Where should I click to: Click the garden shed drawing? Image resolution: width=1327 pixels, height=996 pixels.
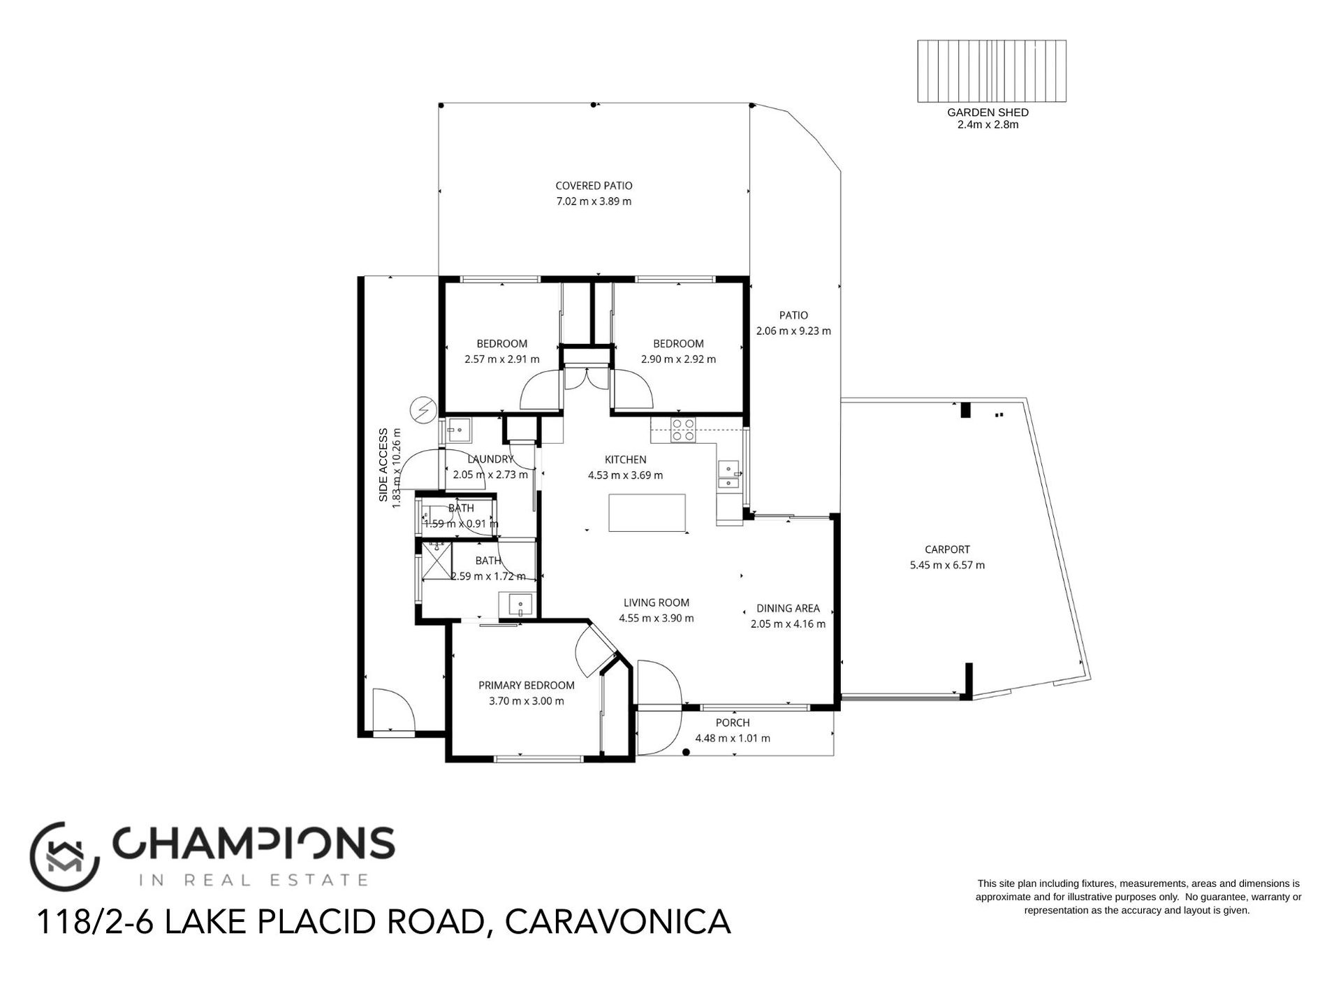(x=991, y=71)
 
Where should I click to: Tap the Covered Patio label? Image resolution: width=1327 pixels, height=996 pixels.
(x=594, y=186)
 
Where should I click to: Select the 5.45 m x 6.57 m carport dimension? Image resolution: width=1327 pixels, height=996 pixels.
(x=947, y=565)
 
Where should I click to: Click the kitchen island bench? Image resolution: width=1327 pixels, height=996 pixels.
(x=647, y=512)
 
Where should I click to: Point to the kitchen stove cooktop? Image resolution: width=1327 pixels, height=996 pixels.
(x=682, y=429)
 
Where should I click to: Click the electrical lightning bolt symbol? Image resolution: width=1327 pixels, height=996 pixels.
(x=423, y=410)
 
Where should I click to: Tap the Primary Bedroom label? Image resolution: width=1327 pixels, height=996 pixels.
(x=526, y=686)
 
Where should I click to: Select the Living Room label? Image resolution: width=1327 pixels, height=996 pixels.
(x=656, y=602)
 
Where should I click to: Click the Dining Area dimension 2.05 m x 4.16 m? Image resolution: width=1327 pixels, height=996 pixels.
(x=788, y=624)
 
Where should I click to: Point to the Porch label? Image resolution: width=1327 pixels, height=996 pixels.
(x=733, y=723)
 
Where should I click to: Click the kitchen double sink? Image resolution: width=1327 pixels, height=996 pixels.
(x=728, y=474)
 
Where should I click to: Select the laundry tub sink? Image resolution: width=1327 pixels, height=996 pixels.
(x=459, y=431)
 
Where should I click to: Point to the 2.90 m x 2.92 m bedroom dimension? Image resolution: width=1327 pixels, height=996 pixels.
(x=677, y=359)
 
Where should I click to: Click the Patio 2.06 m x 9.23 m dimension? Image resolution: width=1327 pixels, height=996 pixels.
(x=793, y=331)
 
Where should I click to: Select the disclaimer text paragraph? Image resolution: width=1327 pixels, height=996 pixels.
(x=1138, y=897)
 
